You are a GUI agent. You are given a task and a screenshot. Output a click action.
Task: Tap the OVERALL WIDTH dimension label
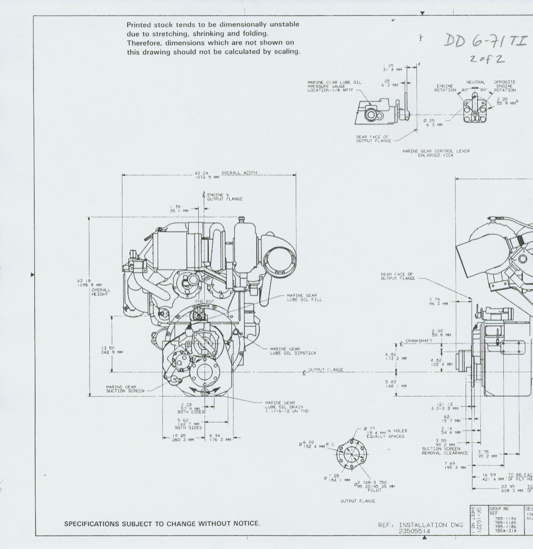point(239,173)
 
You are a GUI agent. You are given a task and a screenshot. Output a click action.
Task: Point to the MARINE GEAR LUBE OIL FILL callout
point(304,298)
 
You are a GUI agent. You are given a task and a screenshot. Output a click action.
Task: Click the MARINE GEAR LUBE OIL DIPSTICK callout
point(293,351)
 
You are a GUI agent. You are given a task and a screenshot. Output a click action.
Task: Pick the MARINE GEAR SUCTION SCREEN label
point(125,389)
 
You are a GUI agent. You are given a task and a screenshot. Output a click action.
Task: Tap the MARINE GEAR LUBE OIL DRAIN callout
point(287,407)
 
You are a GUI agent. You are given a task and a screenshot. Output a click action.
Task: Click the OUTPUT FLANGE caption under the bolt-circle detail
point(358,501)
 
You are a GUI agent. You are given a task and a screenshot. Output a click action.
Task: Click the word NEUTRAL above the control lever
point(476,82)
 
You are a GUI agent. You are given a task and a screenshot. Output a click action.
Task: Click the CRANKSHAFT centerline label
point(419,340)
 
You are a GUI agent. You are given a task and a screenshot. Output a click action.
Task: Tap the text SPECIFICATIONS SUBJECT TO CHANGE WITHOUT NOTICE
point(162,524)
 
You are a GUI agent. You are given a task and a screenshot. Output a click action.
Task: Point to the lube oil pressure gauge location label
point(334,86)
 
